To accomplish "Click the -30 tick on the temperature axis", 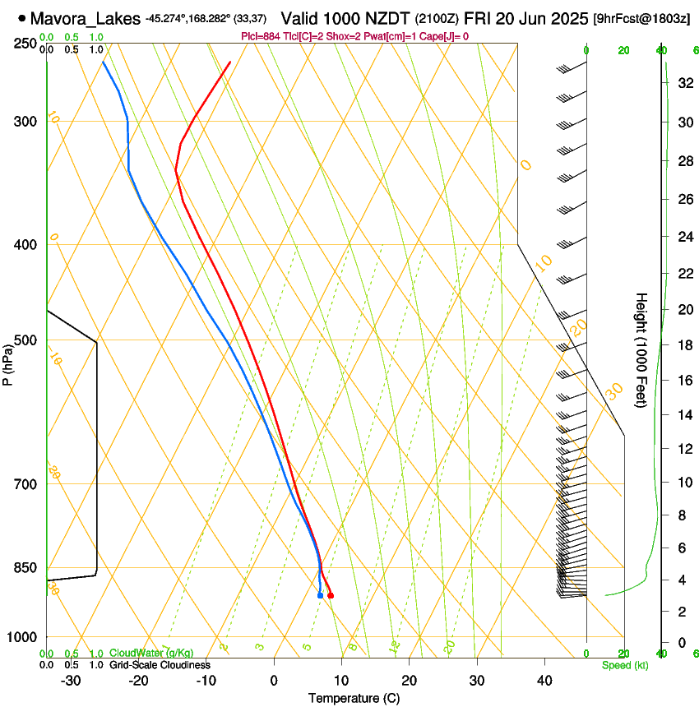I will coord(71,681).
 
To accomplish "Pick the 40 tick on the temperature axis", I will coord(544,681).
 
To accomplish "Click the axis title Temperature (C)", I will coord(354,698).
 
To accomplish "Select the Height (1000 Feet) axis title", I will coord(641,350).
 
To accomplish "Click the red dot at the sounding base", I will coord(331,595).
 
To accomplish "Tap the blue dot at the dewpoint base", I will coord(320,595).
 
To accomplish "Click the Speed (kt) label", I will coord(624,665).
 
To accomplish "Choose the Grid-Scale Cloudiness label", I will coord(160,665).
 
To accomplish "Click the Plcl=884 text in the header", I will coord(261,36).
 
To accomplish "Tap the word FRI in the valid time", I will coord(478,17).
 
